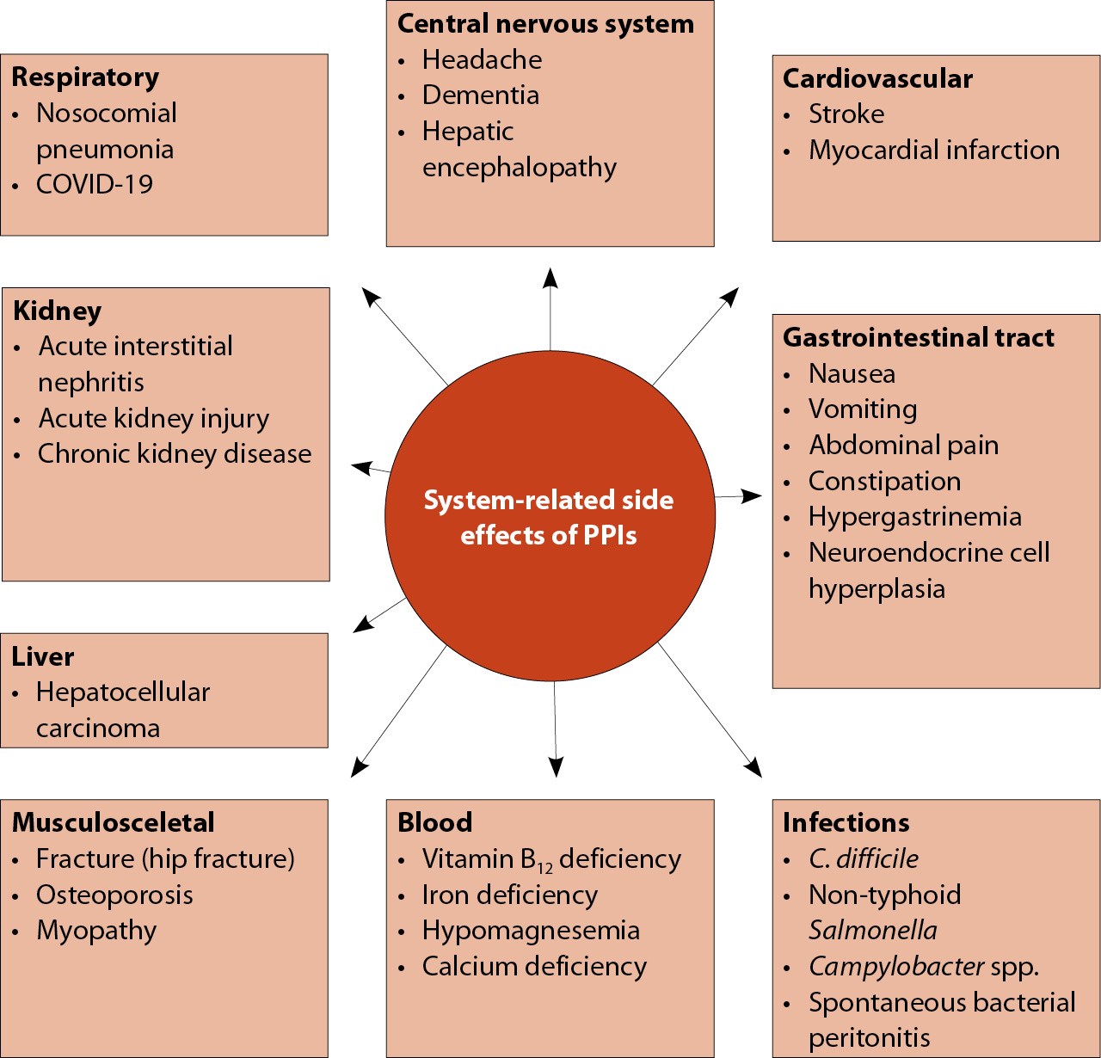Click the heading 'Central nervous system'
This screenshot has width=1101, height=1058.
(545, 24)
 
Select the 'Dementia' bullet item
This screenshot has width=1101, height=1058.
(481, 95)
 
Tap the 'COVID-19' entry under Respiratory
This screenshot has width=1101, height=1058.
(95, 184)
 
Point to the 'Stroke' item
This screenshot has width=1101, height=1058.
(846, 114)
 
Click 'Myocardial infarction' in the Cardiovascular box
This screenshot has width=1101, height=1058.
(934, 151)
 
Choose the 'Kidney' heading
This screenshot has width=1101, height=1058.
(58, 311)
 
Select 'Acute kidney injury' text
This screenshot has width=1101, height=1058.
(154, 419)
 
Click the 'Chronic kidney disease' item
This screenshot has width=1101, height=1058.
(175, 454)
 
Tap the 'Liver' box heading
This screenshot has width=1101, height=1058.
(43, 657)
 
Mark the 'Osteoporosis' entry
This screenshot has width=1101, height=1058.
(114, 895)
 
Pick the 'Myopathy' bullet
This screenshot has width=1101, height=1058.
(96, 931)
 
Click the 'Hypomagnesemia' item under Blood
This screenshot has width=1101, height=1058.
(531, 931)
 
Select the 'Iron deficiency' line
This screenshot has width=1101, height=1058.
(510, 895)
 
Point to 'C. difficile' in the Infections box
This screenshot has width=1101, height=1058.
(864, 859)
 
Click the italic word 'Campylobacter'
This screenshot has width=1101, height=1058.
(896, 967)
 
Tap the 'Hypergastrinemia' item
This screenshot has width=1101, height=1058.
(915, 517)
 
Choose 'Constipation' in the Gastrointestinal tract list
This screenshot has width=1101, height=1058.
(884, 482)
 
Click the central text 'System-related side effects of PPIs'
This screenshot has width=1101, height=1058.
(549, 517)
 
